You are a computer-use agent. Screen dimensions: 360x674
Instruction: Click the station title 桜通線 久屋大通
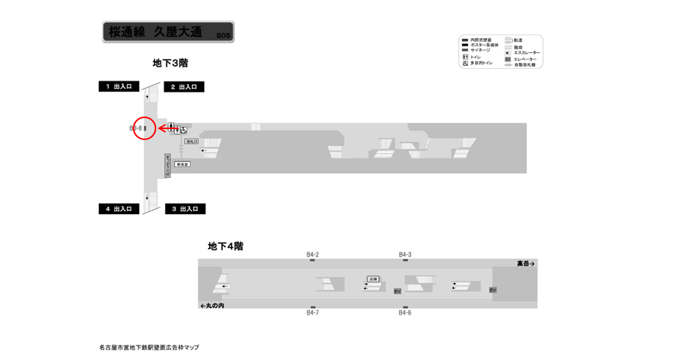point(154,32)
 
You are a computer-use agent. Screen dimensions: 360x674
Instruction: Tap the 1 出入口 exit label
point(119,87)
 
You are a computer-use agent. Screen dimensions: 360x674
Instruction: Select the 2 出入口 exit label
point(184,87)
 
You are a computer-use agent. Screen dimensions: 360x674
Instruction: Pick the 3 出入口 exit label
point(185,209)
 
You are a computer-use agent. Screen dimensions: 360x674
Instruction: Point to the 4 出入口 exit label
point(119,209)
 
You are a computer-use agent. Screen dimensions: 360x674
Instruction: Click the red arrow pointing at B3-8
point(168,128)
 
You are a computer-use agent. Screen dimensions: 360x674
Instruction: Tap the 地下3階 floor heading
point(170,63)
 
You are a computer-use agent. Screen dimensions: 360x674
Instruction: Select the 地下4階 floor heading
point(225,246)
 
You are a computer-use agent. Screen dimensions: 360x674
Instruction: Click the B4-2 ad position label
point(312,254)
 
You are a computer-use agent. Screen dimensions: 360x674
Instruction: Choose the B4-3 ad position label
point(405,254)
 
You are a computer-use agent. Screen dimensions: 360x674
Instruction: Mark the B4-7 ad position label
point(312,313)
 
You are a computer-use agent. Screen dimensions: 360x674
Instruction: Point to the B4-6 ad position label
point(405,313)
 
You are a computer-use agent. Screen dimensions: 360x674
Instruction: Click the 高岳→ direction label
point(526,263)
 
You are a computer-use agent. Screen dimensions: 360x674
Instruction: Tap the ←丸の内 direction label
point(212,305)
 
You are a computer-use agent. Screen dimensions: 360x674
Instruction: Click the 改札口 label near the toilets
point(192,141)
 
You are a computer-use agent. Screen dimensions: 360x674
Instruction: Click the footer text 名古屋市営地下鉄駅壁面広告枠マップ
point(149,347)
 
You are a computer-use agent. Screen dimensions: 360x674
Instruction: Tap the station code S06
point(224,35)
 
